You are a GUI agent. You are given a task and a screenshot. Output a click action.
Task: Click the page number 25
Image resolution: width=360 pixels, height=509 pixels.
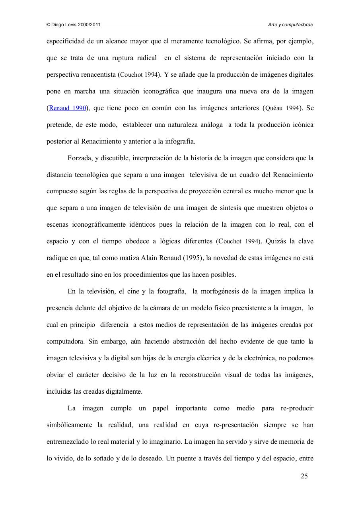coord(304,476)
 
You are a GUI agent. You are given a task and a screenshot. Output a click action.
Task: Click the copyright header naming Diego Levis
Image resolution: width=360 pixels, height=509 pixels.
coord(74,25)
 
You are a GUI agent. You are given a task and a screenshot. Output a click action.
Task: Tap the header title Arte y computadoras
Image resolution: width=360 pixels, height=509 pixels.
coord(290,25)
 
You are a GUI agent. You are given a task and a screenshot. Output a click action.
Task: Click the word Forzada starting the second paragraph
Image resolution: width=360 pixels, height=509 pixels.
coord(80,158)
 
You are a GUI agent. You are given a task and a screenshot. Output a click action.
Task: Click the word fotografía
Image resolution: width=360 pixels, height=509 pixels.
coord(167,291)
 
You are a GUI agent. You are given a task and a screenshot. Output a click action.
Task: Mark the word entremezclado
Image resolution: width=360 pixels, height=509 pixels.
coord(68,441)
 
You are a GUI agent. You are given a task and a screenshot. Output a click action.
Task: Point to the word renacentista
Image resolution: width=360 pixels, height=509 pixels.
coord(98,74)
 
